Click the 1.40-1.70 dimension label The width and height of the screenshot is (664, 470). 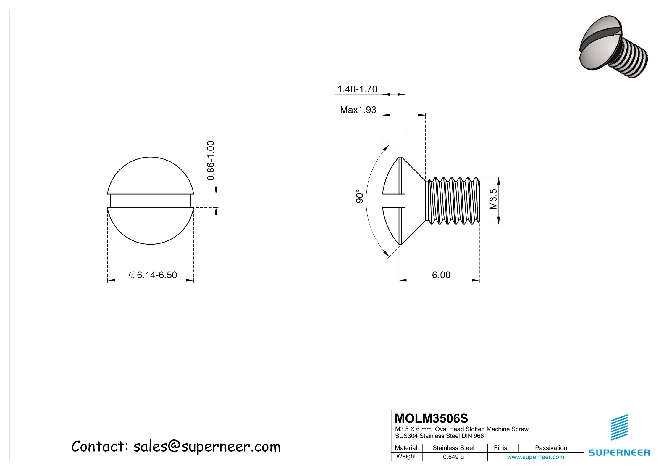tap(357, 89)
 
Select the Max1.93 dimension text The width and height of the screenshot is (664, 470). tap(358, 110)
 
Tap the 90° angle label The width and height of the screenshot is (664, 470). tap(359, 196)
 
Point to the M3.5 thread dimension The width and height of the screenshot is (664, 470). tap(493, 199)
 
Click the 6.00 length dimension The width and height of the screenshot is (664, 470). tap(441, 275)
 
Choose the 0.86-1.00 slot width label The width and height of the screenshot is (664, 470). tap(210, 161)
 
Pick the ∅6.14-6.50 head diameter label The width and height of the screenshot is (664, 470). tap(153, 275)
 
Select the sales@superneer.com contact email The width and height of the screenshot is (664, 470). tap(207, 447)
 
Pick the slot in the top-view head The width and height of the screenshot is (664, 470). tap(150, 201)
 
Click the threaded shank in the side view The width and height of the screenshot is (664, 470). tap(453, 200)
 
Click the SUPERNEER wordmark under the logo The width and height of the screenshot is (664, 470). tap(619, 453)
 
